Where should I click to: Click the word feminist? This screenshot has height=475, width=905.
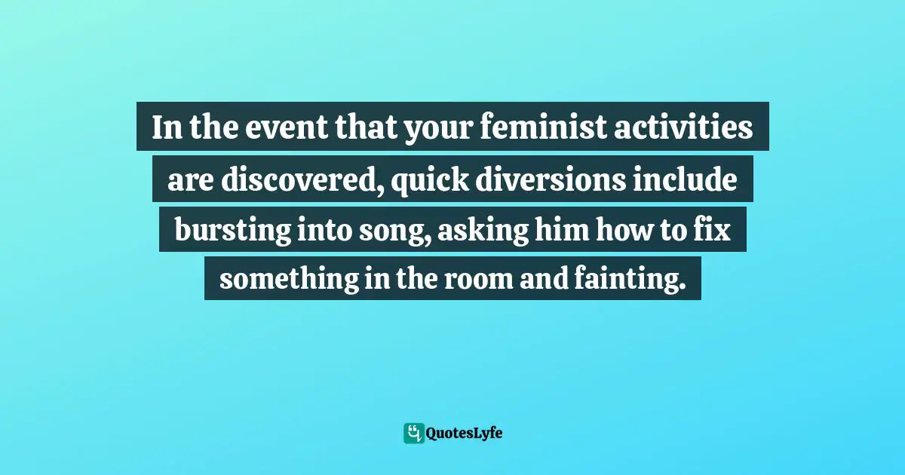click(x=523, y=128)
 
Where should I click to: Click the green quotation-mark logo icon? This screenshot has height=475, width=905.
click(x=413, y=433)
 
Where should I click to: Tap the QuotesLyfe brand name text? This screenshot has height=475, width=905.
click(x=464, y=434)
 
